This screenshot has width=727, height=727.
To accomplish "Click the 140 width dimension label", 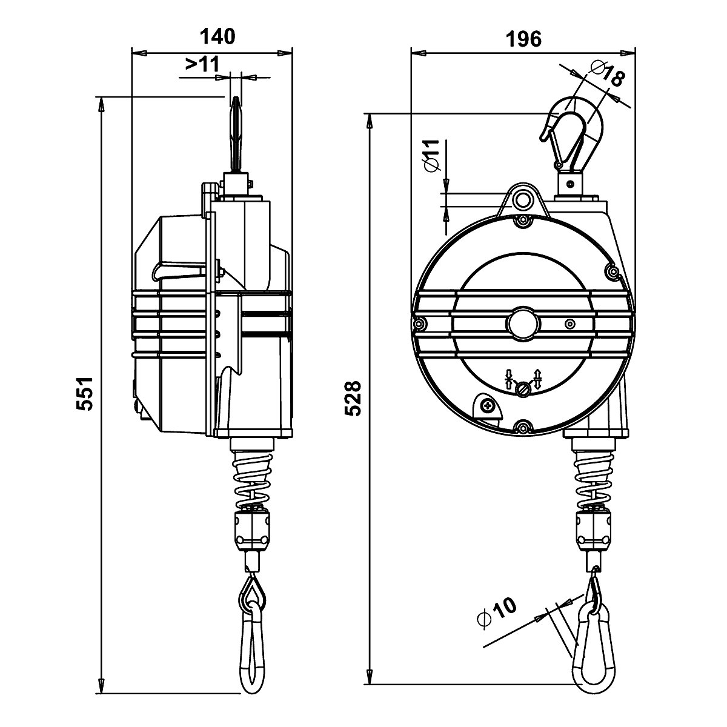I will (217, 37).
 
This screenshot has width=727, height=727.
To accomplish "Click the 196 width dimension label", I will (523, 39).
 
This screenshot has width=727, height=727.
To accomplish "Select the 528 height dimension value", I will (353, 398).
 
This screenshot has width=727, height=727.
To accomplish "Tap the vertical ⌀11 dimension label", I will (431, 156).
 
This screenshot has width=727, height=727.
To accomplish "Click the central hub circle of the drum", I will (522, 324).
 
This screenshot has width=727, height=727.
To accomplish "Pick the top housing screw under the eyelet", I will (522, 222).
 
